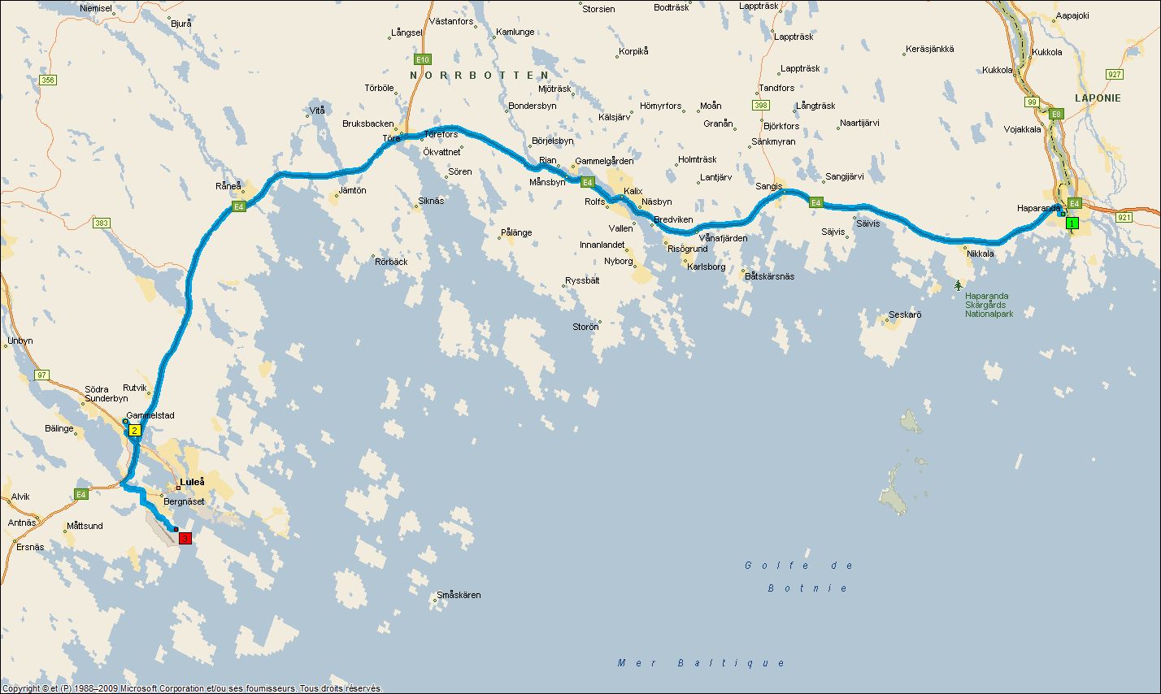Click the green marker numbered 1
pos(1072,223)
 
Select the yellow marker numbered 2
pos(134,430)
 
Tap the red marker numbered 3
pos(185,538)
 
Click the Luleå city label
pos(192,481)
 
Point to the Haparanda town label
pos(1038,208)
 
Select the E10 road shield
pos(422,59)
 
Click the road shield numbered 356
pos(48,80)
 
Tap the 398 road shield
pos(761,106)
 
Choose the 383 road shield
pos(102,223)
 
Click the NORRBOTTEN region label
pos(474,75)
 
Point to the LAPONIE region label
pos(1098,98)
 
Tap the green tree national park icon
pos(959,285)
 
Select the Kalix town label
pos(633,192)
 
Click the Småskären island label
pos(459,595)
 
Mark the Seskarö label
pos(905,314)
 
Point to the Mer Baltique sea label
pos(702,663)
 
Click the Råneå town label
pos(228,185)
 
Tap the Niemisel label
pos(96,7)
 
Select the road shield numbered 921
pos(1124,217)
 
